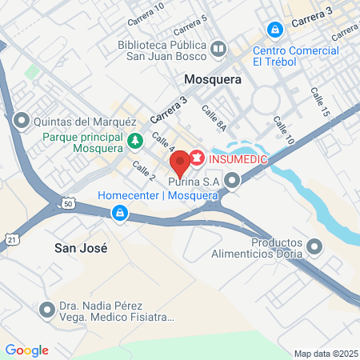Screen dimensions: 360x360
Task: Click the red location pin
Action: [180, 163]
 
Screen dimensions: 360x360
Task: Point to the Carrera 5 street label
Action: [193, 18]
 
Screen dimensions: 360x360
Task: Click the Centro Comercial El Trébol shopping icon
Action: [275, 30]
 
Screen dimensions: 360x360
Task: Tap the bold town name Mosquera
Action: [213, 80]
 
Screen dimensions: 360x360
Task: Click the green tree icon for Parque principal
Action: [136, 142]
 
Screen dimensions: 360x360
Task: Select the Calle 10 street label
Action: [284, 130]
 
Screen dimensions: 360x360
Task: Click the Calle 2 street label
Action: [144, 170]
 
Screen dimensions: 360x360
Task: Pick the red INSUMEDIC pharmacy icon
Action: [195, 157]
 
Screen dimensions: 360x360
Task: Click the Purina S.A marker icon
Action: [232, 181]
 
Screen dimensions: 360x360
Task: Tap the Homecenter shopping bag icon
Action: [119, 213]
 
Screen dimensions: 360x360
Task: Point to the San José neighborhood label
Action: [80, 247]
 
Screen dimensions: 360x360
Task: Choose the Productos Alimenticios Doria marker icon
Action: [314, 247]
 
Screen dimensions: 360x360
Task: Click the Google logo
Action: [26, 350]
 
